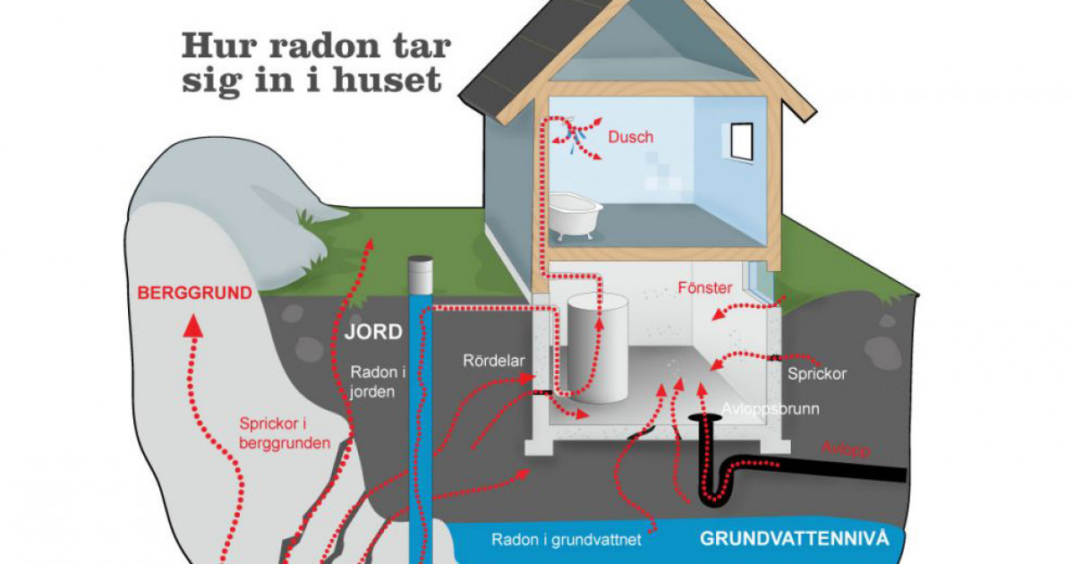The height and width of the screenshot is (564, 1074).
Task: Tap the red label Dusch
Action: click(x=631, y=137)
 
